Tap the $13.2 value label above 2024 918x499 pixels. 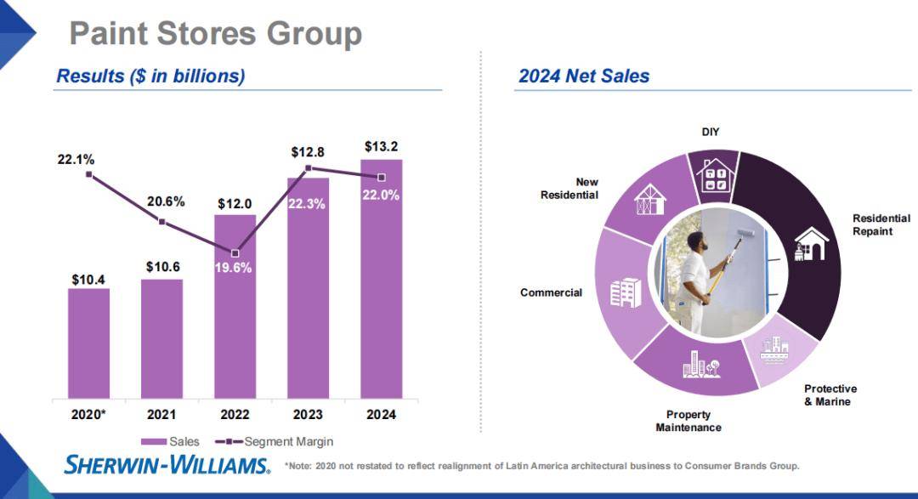coord(381,147)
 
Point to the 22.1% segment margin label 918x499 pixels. coord(76,159)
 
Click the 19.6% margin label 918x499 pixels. coord(235,269)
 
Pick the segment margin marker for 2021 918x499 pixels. coord(161,222)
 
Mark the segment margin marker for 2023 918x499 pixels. coord(308,167)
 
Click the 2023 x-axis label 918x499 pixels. coord(308,415)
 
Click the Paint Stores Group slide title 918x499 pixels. coord(215,34)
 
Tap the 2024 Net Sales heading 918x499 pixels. coord(584,77)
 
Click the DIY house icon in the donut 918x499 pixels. coord(711,174)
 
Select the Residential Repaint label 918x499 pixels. coord(881,224)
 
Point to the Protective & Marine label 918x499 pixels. coord(830,394)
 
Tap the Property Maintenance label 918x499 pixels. coord(688,421)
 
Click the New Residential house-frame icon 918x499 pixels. coord(650,200)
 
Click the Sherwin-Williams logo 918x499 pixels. coord(167,464)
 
